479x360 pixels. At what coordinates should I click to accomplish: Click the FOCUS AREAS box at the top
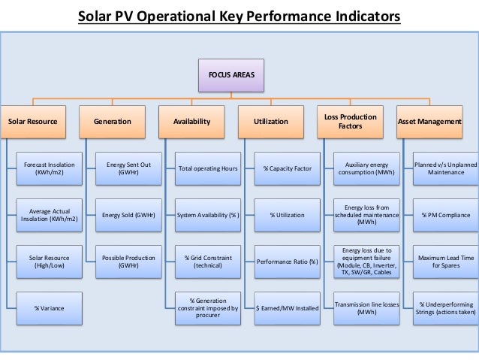(x=232, y=76)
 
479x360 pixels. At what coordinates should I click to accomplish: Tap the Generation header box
(x=112, y=121)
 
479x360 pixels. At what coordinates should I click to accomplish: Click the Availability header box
(x=192, y=121)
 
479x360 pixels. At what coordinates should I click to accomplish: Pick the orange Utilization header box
(x=271, y=121)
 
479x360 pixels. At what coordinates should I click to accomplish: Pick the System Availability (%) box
(x=208, y=215)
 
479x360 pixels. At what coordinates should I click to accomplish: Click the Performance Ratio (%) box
(x=287, y=262)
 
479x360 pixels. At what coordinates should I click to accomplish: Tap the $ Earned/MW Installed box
(x=287, y=308)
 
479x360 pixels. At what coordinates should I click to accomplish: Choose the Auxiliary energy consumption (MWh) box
(x=366, y=168)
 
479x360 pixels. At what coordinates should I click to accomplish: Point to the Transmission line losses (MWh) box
(x=366, y=308)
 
